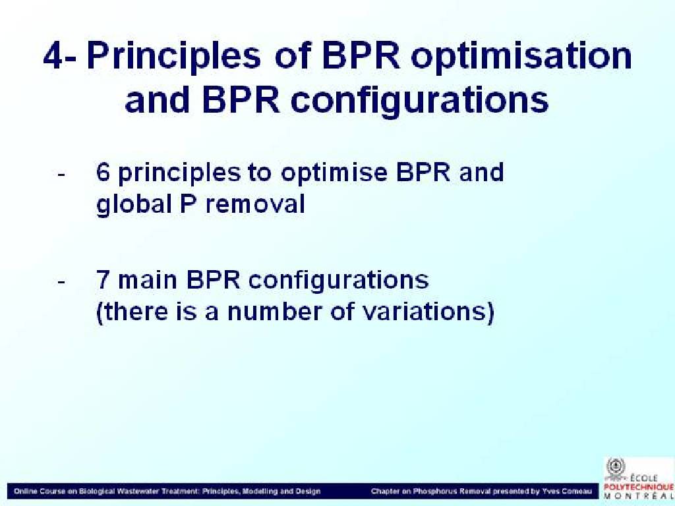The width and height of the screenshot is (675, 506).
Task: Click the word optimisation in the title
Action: click(521, 59)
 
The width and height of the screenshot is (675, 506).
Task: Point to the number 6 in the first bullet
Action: click(103, 173)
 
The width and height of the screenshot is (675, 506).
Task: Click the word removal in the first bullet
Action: click(255, 204)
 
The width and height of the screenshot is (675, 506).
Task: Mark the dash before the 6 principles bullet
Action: click(61, 174)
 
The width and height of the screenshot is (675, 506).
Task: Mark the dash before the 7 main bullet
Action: click(61, 282)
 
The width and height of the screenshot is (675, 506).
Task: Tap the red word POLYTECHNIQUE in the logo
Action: click(639, 488)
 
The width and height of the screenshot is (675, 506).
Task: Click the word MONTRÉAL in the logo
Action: click(639, 496)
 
